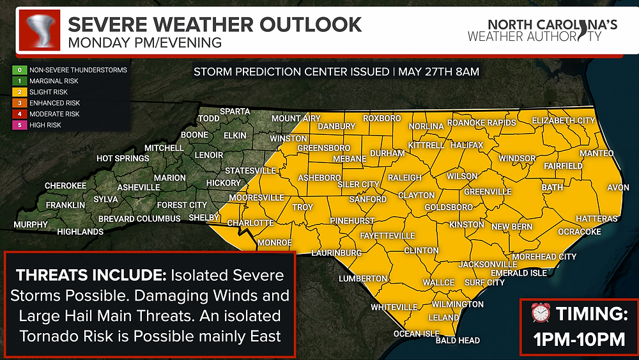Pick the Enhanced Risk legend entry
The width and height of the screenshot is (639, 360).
click(x=58, y=102)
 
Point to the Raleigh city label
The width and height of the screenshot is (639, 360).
click(x=404, y=177)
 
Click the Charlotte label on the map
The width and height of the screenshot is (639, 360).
click(x=250, y=223)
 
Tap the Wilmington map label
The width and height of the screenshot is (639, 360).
click(x=458, y=304)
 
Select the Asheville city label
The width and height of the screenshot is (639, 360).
click(x=139, y=187)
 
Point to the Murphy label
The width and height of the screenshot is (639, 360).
click(x=31, y=224)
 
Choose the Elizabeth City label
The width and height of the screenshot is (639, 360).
click(x=563, y=120)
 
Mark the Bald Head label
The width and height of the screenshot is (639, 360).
click(x=458, y=341)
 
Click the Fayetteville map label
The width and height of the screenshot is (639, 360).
click(x=387, y=235)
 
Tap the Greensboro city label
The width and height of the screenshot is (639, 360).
click(x=324, y=148)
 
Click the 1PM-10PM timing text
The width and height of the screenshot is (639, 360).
click(x=580, y=339)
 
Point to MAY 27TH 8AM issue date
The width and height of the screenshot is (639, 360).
click(x=438, y=72)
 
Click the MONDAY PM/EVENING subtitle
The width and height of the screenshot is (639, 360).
click(x=144, y=43)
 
